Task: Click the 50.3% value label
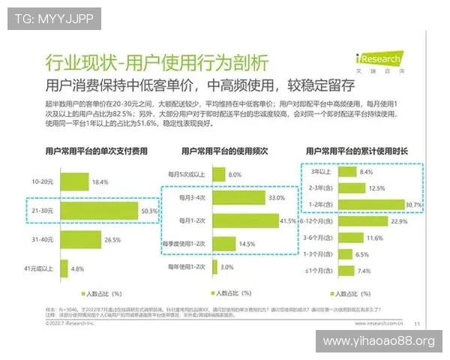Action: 148,211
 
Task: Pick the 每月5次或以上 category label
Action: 187,174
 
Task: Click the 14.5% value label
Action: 247,244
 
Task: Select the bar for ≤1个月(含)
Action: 346,271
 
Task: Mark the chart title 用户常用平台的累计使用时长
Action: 364,151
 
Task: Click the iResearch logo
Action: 379,58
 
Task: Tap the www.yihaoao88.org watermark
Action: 378,342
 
